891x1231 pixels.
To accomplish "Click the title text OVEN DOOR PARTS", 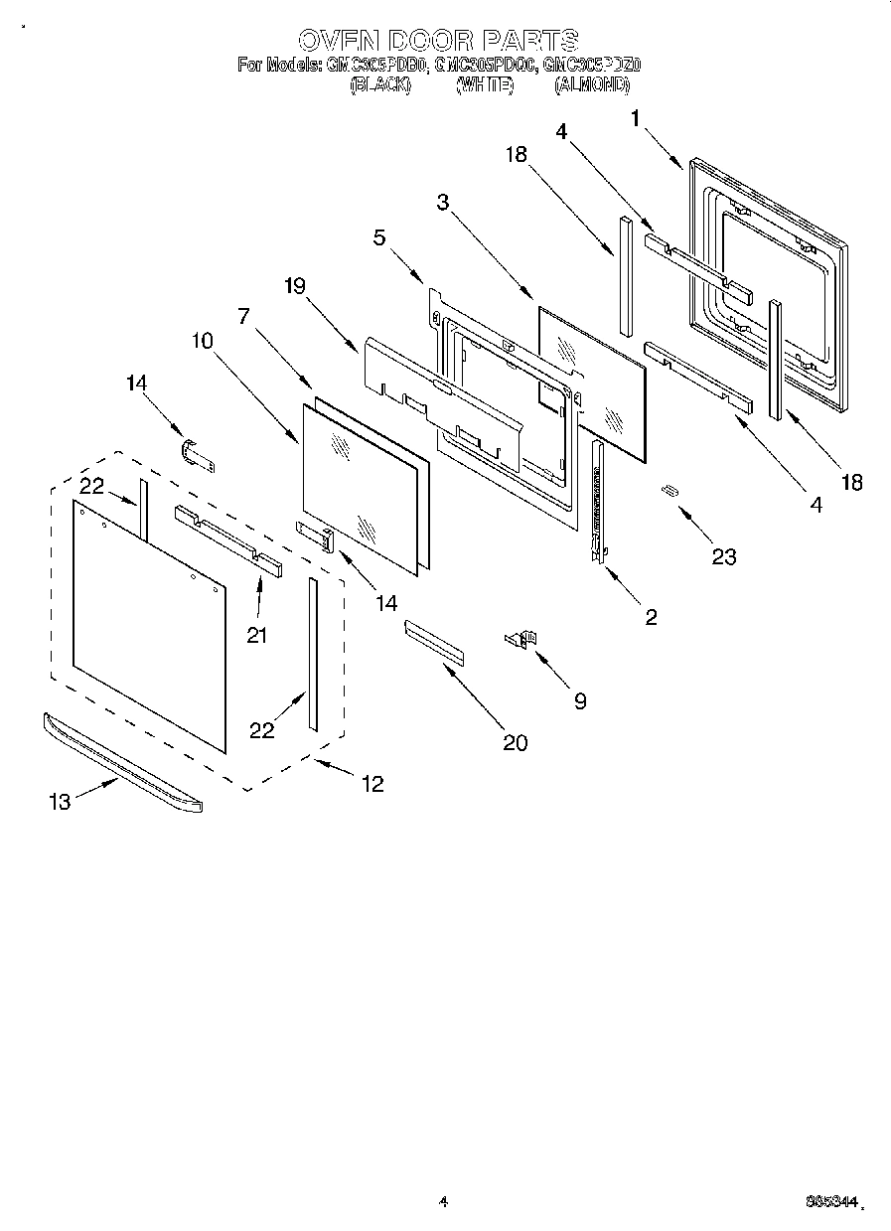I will [x=438, y=41].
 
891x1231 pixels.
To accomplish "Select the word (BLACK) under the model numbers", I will [x=380, y=85].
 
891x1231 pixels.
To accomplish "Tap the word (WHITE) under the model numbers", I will [x=485, y=85].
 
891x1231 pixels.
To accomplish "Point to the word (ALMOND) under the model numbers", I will [x=593, y=85].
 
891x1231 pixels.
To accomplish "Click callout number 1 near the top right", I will [x=635, y=118].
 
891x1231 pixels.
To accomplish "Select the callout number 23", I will [x=724, y=556].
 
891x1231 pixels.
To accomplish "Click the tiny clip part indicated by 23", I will [x=670, y=490].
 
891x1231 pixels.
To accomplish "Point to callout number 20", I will [x=515, y=741].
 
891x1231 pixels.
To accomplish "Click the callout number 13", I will [x=61, y=801].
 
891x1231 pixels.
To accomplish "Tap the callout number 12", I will [x=371, y=784].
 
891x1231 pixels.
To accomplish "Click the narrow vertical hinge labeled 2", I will [x=598, y=502].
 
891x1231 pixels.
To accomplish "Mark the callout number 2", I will [x=651, y=617].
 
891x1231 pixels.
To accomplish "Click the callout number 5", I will [x=378, y=238].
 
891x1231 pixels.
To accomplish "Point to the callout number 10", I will [x=201, y=340].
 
